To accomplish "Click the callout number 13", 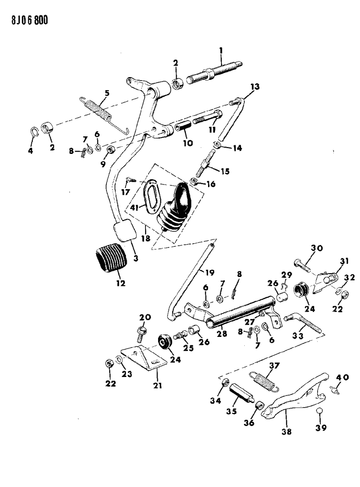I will tap(255, 87).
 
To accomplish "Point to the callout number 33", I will tap(298, 336).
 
